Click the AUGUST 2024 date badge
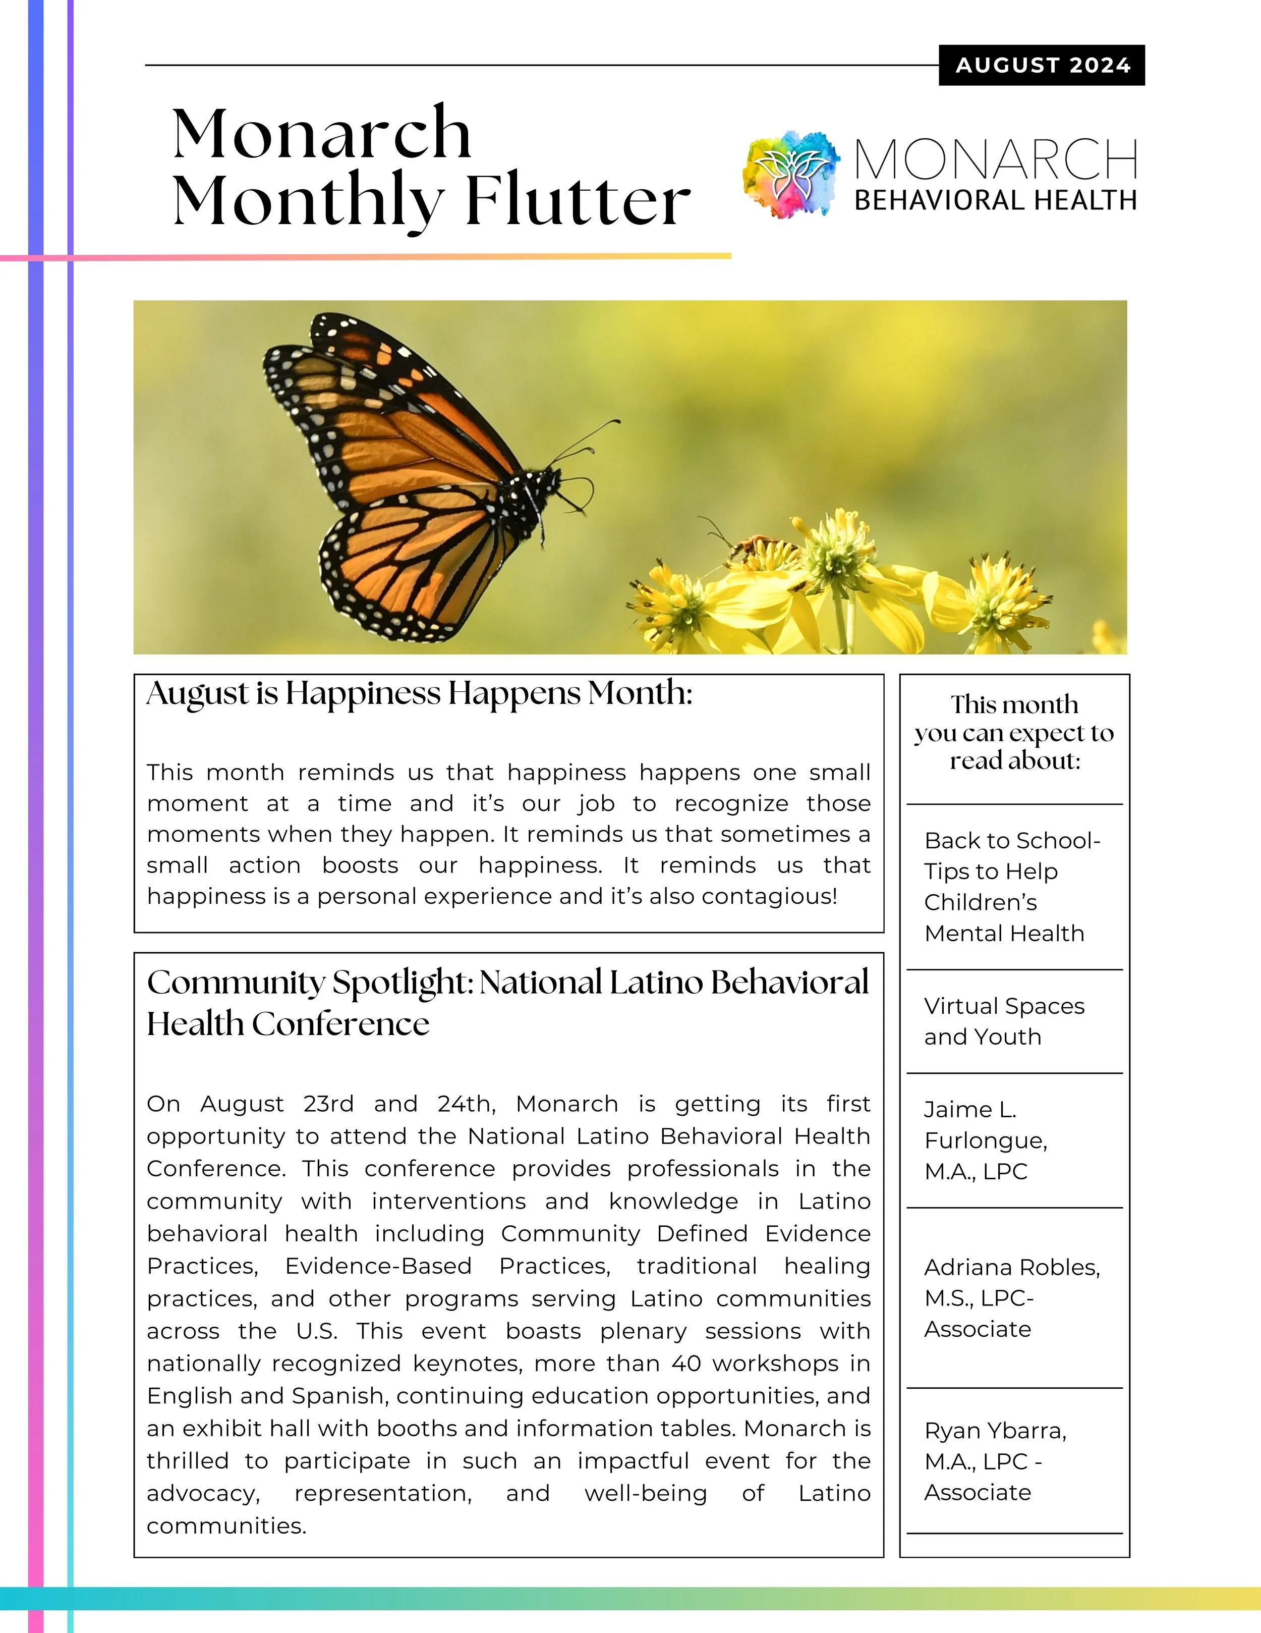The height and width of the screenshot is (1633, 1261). pyautogui.click(x=1042, y=66)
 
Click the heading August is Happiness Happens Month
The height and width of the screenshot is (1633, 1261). pyautogui.click(x=419, y=693)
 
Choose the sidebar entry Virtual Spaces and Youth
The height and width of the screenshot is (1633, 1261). pyautogui.click(x=1004, y=1021)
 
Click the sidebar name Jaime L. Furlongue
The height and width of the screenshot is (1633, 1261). pyautogui.click(x=985, y=1140)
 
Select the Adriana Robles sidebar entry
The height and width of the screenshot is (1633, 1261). pyautogui.click(x=1011, y=1298)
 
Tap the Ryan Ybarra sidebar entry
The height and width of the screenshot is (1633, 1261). pyautogui.click(x=995, y=1461)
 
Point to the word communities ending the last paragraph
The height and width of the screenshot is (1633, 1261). pyautogui.click(x=226, y=1526)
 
